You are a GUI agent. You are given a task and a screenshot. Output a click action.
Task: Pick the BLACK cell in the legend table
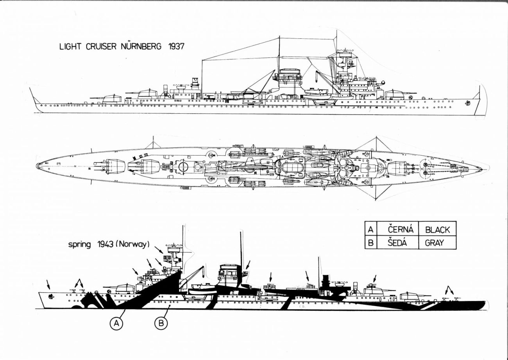tap(437, 229)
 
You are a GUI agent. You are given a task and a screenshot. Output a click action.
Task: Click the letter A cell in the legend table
tap(370, 229)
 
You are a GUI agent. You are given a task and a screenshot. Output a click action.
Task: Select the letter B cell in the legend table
tap(370, 242)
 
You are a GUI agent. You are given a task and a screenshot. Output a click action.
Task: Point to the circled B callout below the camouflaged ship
tap(161, 323)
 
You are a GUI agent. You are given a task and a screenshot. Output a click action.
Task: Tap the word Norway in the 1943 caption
tap(134, 245)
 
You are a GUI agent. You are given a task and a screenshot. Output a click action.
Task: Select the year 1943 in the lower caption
tap(106, 245)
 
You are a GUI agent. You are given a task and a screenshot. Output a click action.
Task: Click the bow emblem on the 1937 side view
tap(467, 103)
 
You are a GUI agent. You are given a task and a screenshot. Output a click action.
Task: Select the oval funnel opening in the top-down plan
tap(290, 170)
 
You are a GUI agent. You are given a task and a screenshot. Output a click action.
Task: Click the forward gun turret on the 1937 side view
tap(395, 94)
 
